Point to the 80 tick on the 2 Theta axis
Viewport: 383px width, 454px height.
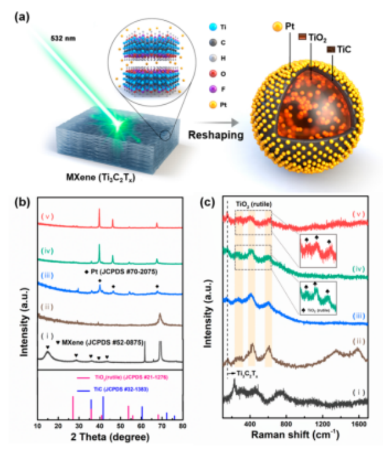tap(182, 425)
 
